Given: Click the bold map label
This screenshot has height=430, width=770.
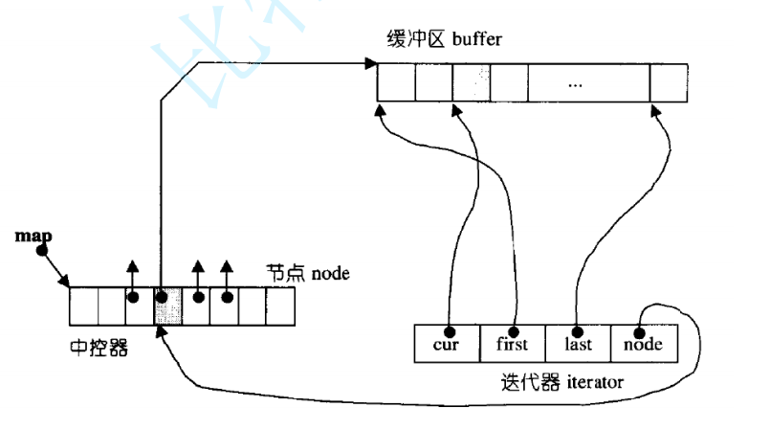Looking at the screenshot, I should tap(33, 235).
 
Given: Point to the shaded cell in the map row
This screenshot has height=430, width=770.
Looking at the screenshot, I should tap(164, 306).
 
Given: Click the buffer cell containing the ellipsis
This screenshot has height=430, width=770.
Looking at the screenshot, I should tap(574, 83).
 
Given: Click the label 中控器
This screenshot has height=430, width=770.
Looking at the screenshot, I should tap(99, 347).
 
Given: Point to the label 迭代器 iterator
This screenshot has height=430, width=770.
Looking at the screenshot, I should tap(562, 382).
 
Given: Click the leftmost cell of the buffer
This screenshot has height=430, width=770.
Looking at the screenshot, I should tap(395, 83).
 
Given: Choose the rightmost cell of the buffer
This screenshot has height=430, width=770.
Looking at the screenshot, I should tap(669, 83).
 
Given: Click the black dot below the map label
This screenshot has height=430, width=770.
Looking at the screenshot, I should tap(41, 251).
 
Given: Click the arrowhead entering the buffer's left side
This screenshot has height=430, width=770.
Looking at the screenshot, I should tap(368, 65).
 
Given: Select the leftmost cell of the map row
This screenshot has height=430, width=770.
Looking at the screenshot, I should tap(83, 306).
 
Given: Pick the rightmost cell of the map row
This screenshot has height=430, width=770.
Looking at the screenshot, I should tap(279, 306).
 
